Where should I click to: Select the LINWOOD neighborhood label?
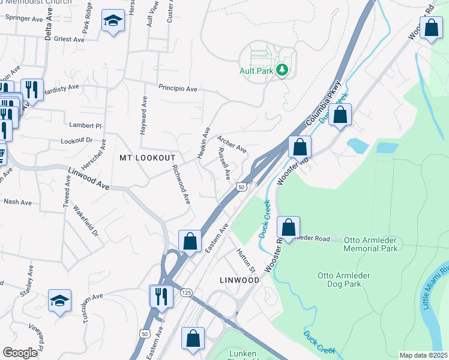[239, 280]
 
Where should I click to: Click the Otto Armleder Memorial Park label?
[370, 243]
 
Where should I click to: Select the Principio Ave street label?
[178, 89]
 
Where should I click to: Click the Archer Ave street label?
[232, 143]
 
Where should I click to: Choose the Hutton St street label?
[246, 260]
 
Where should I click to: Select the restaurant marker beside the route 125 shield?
[161, 296]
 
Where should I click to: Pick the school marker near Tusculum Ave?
[59, 301]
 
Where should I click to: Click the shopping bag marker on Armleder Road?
[289, 228]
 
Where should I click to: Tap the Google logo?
[20, 353]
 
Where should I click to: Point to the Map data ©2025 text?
[423, 355]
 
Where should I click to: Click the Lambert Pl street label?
[85, 126]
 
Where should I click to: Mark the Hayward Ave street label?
[143, 116]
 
